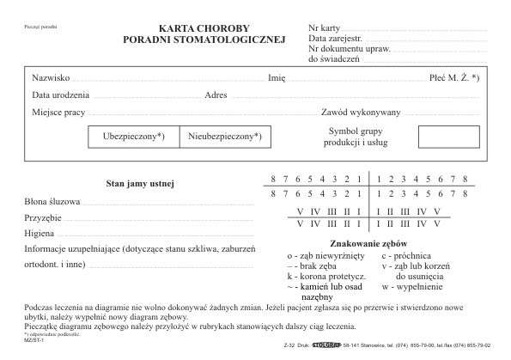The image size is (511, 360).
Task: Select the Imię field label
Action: click(277, 76)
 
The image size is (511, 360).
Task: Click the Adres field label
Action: click(216, 95)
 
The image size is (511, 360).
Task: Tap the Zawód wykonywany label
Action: click(361, 113)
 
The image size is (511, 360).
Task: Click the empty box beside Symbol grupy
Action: click(448, 136)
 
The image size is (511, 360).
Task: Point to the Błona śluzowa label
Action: click(52, 201)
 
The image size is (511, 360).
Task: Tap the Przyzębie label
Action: click(44, 218)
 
